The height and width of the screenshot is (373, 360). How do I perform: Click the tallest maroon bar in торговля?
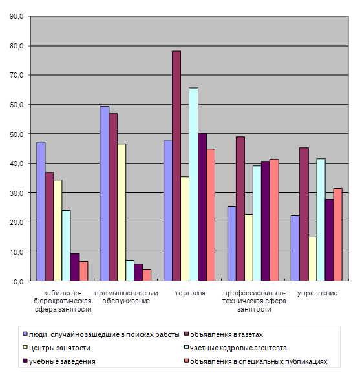pos(176,165)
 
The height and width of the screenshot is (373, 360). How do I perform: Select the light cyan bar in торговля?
pos(193,184)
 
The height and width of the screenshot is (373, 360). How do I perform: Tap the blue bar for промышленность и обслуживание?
pos(105,194)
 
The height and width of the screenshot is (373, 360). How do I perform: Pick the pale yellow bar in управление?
pos(312,259)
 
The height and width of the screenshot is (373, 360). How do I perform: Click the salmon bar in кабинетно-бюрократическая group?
pos(83,272)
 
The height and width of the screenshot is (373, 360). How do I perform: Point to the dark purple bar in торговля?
pos(202,208)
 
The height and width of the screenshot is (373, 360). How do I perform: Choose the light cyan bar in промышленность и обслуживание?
pos(130,270)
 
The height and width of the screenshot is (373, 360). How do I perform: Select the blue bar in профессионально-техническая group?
pos(232,244)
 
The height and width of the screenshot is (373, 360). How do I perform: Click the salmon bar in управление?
pos(337,235)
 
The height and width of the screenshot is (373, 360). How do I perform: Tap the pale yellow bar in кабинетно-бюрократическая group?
pos(58,231)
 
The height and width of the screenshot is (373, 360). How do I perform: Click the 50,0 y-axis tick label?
pos(16,134)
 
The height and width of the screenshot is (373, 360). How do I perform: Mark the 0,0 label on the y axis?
pos(18,282)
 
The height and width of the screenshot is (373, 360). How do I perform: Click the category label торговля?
pos(190,293)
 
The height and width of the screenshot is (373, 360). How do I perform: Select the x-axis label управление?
pos(317,293)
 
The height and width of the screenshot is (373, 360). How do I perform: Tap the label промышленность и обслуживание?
pos(126,297)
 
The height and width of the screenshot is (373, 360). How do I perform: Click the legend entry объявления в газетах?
pos(226,334)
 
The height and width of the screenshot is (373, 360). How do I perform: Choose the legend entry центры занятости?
pos(59,348)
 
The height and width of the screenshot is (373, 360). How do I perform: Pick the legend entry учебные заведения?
pos(62,361)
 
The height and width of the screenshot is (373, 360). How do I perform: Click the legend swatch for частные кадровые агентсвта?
pos(186,347)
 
